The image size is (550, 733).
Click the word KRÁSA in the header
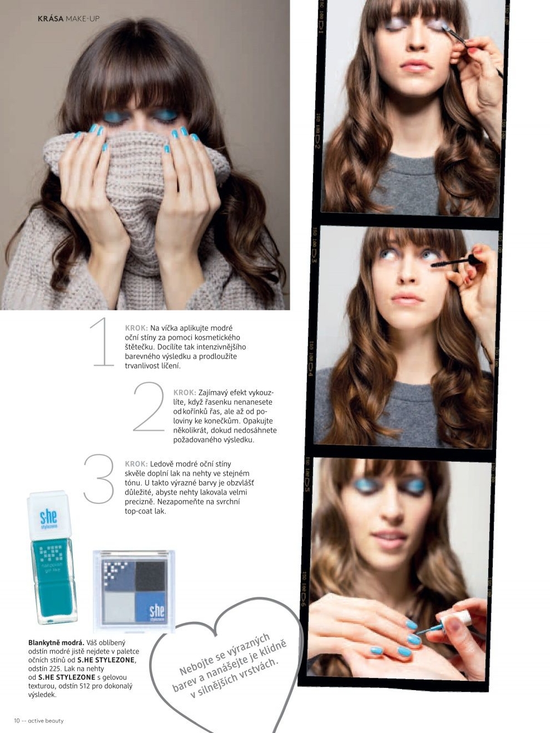tap(51, 19)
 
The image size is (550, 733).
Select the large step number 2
tap(149, 406)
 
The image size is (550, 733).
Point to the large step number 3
tap(99, 478)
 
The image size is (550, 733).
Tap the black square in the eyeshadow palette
tap(150, 576)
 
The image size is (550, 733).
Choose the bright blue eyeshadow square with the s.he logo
tap(150, 607)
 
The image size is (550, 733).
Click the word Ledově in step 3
tap(162, 464)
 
